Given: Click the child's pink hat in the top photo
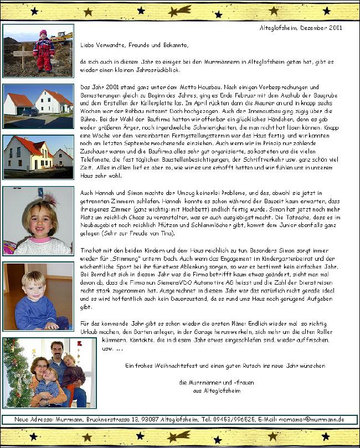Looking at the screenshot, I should pos(43,33).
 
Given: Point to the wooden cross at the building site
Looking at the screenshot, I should pos(23,55).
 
